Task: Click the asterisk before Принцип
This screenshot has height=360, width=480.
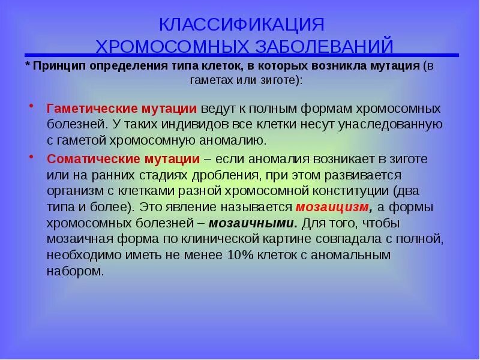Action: (28, 65)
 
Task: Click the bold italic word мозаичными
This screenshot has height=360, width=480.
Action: (253, 223)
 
